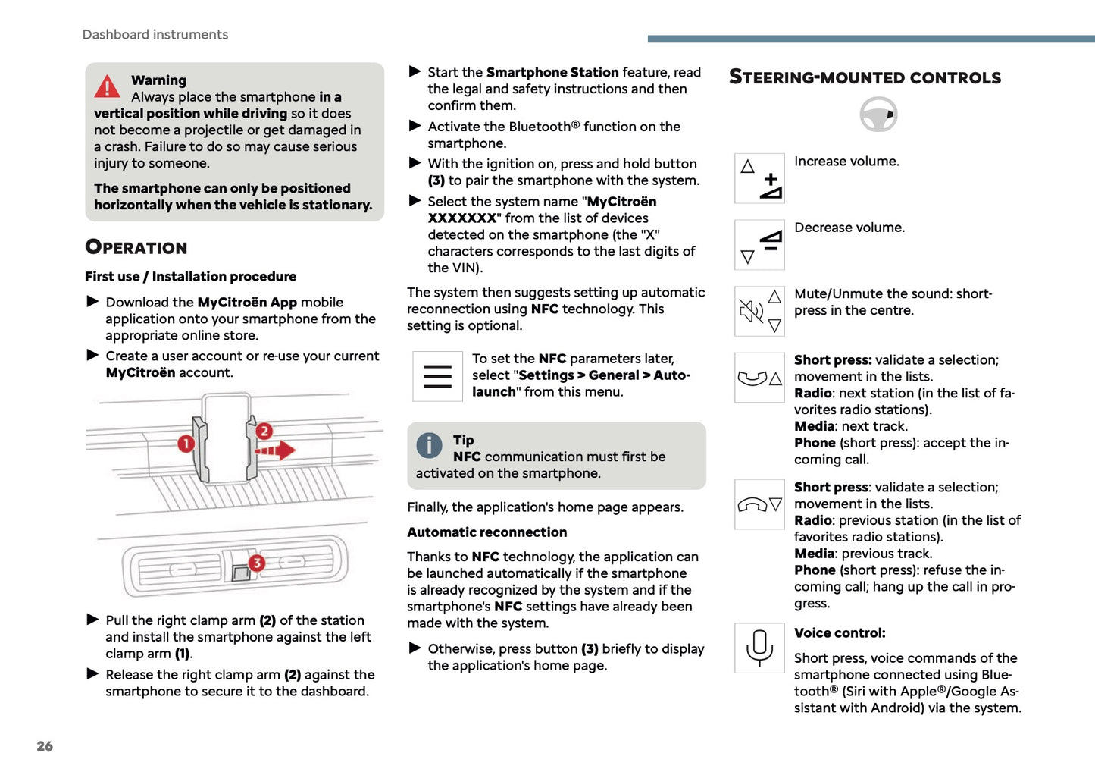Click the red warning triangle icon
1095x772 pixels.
pos(108,86)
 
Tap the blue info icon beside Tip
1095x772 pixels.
pos(429,445)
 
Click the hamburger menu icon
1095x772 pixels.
pos(437,376)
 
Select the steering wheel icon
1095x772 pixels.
pos(878,115)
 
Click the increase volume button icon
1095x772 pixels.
pos(759,178)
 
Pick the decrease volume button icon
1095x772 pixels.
pos(759,245)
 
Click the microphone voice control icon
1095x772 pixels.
pos(759,648)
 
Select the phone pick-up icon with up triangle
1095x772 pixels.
pos(759,378)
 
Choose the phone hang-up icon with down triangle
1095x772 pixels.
pos(759,504)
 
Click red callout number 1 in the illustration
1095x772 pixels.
pos(186,443)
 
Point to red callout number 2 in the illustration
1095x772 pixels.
pos(264,431)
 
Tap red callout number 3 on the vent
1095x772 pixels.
pos(257,563)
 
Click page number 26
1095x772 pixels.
pos(45,746)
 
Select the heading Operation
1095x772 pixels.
pos(136,247)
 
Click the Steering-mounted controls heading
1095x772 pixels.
pos(865,77)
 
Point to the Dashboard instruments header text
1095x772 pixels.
pos(155,35)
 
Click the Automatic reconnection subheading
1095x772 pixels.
pos(486,532)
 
